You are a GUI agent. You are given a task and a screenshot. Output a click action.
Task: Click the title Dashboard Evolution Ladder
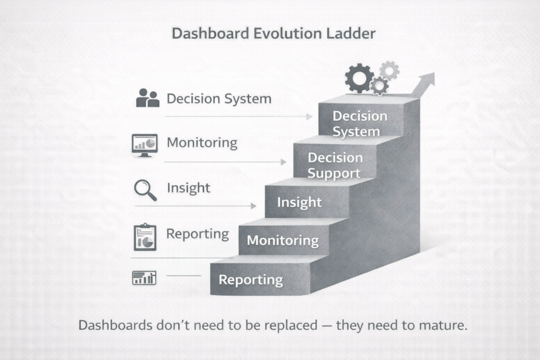coord(274,33)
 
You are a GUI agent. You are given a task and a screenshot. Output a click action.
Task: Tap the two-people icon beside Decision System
coord(148,98)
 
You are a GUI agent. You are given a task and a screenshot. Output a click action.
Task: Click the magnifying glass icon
coord(146,190)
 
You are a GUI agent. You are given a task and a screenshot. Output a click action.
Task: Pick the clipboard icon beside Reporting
coord(145,237)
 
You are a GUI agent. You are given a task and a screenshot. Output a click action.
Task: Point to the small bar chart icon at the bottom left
coord(144,278)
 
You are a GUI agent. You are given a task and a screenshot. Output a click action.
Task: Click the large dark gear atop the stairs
coord(359,78)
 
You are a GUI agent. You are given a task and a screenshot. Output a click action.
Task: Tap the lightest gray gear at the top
coord(390,71)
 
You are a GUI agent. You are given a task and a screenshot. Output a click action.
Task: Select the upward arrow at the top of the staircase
coord(423,85)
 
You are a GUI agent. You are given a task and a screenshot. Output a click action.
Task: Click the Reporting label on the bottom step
coord(250,280)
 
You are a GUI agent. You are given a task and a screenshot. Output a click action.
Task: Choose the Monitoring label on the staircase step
coord(283,240)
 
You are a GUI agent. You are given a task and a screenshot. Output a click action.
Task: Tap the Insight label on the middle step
coord(300,202)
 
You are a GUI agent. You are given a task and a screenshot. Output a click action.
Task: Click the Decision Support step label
coord(335,166)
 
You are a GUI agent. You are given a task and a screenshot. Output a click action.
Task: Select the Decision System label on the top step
coord(360,124)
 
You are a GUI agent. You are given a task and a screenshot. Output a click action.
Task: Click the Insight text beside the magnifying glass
coord(188,188)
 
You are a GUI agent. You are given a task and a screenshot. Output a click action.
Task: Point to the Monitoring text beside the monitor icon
coord(202,143)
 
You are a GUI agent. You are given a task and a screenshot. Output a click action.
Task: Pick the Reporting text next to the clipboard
coord(198,234)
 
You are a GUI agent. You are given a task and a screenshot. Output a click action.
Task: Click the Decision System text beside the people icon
coord(219,99)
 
